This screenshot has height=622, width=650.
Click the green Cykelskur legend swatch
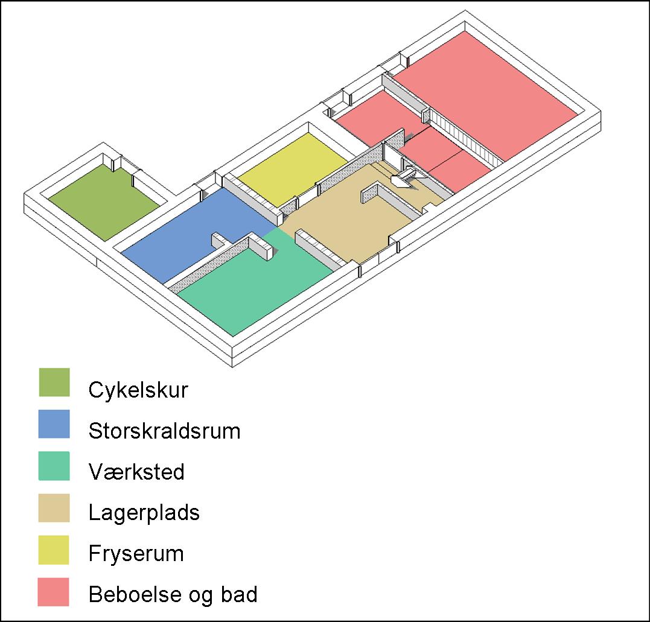(x=54, y=382)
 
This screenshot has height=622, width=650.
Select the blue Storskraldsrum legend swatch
(x=54, y=424)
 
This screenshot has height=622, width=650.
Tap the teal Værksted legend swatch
(x=54, y=466)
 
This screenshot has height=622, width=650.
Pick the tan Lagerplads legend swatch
(x=54, y=508)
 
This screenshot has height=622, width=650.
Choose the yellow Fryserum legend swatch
(x=54, y=550)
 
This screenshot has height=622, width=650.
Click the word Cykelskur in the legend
(x=138, y=390)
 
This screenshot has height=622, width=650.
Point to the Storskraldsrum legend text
(x=165, y=431)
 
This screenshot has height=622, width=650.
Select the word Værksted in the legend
(x=137, y=472)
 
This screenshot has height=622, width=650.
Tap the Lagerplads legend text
(x=144, y=513)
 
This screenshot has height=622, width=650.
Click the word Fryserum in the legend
(x=136, y=554)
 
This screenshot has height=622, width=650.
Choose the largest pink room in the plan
(x=485, y=95)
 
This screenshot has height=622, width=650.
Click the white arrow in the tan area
(x=403, y=177)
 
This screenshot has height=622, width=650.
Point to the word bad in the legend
(x=239, y=594)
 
